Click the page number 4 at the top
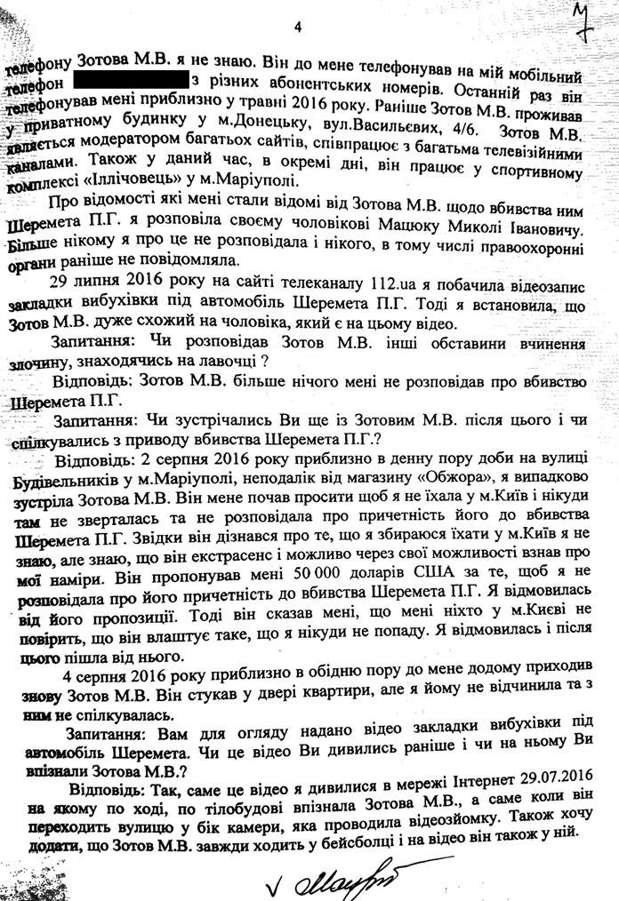coord(299,28)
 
